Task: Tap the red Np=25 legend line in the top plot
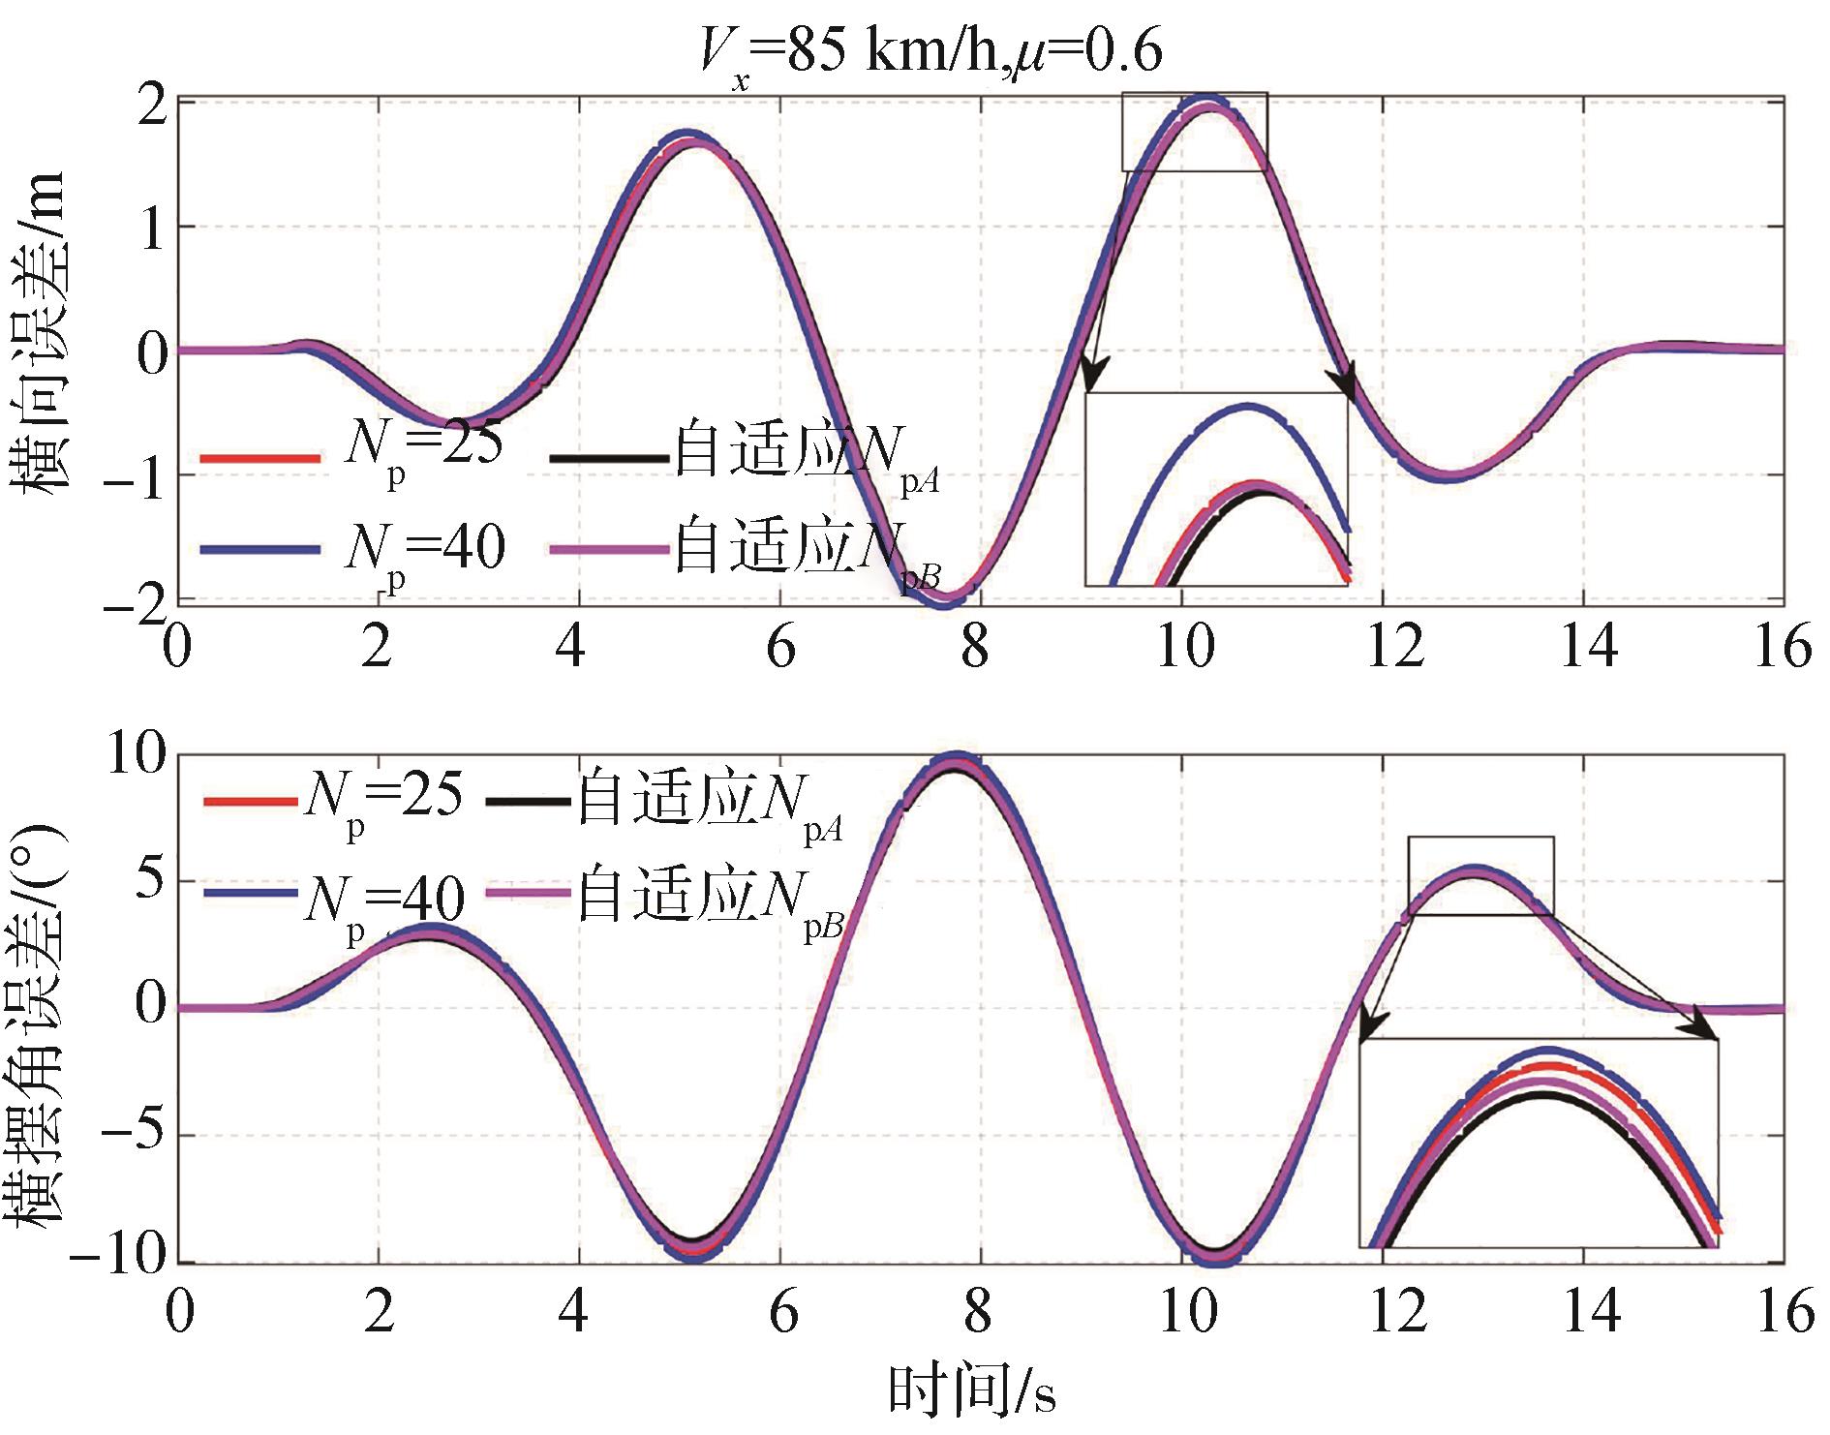click(x=259, y=458)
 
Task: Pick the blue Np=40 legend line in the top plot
click(x=259, y=548)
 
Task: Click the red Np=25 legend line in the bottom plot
click(x=248, y=802)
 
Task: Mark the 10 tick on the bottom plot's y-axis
click(x=136, y=754)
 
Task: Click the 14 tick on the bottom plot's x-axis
click(x=1589, y=1313)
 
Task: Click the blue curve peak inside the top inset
click(x=1247, y=407)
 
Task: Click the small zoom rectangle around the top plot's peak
click(x=1194, y=132)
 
